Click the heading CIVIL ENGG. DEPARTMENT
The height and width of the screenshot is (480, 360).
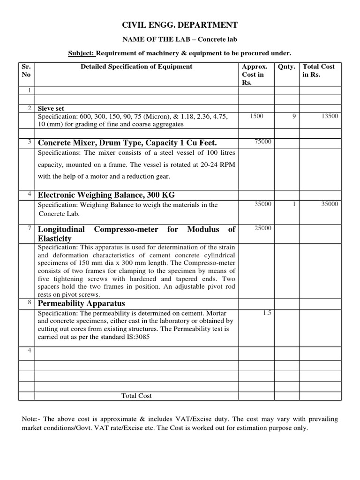click(180, 25)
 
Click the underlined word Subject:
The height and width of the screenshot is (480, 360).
click(82, 53)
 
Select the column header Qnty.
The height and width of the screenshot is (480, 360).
click(286, 67)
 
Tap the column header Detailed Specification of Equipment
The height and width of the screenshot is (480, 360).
click(136, 67)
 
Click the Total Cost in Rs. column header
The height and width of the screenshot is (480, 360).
click(319, 71)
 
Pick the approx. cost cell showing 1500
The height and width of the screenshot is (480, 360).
click(256, 116)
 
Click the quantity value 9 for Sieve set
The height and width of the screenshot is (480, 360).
click(294, 116)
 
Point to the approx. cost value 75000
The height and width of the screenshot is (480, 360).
click(263, 142)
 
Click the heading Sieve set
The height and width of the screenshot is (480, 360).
click(51, 108)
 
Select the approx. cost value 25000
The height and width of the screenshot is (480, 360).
click(263, 228)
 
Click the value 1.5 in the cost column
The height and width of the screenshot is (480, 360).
click(267, 313)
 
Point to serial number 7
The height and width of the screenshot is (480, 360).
click(29, 228)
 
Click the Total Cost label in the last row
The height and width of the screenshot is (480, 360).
click(136, 396)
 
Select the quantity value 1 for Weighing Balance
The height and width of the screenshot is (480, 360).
click(294, 204)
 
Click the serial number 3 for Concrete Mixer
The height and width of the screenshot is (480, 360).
click(29, 142)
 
